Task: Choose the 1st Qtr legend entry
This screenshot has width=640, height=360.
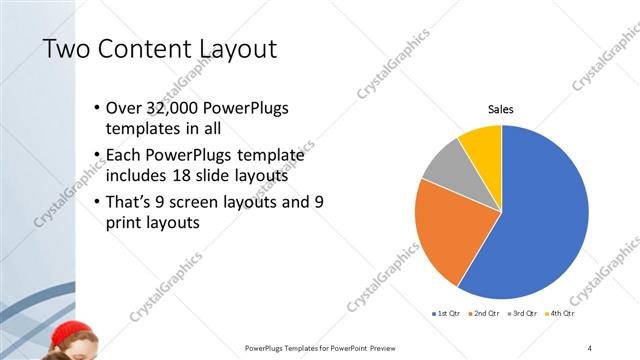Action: (446, 314)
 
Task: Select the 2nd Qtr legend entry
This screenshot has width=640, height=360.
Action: (485, 314)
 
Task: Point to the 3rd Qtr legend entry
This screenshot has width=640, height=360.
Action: (525, 314)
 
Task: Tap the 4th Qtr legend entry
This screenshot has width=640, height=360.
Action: (563, 314)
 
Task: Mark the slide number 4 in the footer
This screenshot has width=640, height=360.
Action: (590, 347)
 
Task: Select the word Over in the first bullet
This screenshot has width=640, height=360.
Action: (122, 108)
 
